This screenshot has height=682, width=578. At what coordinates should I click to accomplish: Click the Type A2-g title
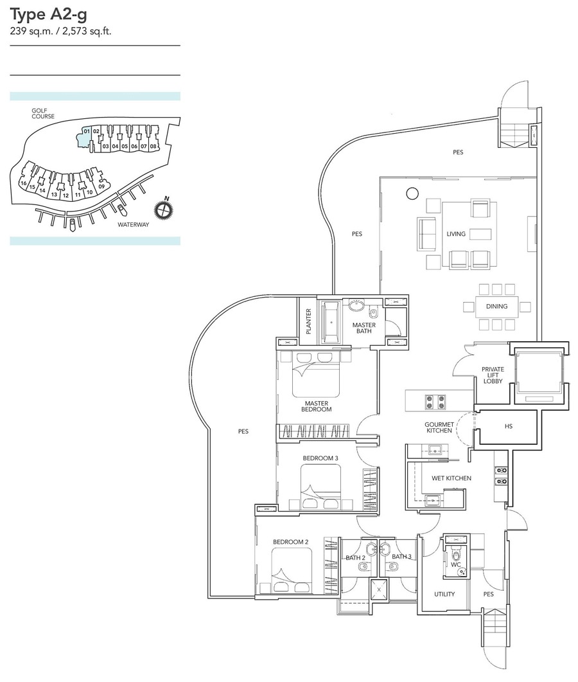49,15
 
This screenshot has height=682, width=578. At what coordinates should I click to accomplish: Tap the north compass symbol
163,209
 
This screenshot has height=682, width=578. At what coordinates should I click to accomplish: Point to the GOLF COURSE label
43,114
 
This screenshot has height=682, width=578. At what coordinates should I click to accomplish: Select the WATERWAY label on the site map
133,224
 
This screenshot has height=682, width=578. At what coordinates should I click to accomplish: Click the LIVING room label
456,234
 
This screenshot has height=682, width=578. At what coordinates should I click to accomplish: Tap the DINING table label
496,306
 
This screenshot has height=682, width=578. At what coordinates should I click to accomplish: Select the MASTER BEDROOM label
317,406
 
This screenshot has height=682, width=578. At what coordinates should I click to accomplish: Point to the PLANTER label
309,321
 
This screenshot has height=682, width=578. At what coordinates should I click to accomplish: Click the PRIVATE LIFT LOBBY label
493,375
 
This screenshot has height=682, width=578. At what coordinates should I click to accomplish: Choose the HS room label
509,426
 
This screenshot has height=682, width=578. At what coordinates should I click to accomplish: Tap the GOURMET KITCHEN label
439,427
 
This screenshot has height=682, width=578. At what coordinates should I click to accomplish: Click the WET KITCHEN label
451,478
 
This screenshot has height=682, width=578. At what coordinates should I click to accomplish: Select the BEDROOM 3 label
320,458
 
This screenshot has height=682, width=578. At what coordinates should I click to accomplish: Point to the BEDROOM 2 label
291,542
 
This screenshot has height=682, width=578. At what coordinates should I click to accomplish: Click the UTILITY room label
444,594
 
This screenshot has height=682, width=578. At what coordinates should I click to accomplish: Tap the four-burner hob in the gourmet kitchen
435,401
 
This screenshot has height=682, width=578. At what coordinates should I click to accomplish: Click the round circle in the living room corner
412,193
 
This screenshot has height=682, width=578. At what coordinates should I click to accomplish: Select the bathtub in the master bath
331,322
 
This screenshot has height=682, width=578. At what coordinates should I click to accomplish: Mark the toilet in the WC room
455,555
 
